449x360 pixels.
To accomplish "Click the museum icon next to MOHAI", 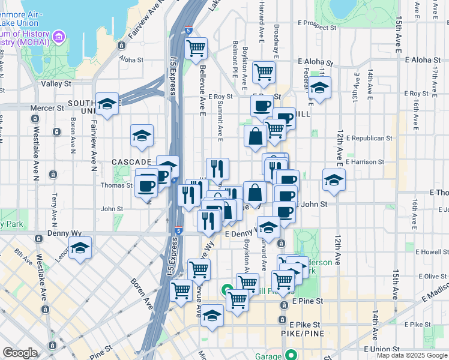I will (59, 38).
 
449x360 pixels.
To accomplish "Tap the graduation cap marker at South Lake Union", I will (107, 104).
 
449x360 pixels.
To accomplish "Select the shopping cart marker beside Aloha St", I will (196, 49).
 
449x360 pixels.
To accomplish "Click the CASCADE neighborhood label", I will (131, 162).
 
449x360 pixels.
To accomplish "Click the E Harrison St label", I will (365, 162).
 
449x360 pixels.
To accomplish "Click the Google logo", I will (19, 353).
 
